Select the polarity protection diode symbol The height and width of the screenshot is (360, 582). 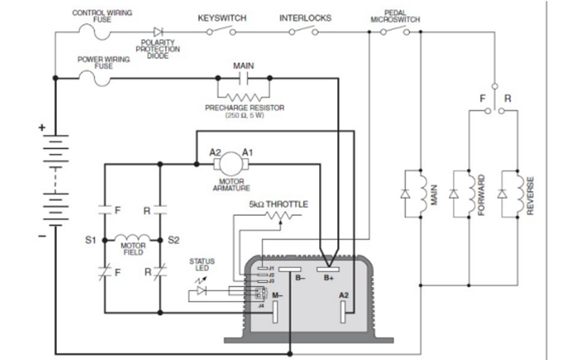click(x=158, y=32)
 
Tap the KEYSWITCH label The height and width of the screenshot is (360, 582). click(x=222, y=18)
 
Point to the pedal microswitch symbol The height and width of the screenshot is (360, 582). click(x=394, y=32)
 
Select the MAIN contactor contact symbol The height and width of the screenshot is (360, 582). click(x=244, y=77)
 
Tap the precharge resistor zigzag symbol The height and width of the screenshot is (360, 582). click(x=244, y=96)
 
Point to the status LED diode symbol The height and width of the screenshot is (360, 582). click(x=200, y=290)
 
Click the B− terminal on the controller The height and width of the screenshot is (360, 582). click(x=289, y=269)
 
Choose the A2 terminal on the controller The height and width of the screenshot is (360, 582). click(x=344, y=308)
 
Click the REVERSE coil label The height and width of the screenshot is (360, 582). click(x=530, y=195)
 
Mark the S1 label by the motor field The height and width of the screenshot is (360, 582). click(x=90, y=240)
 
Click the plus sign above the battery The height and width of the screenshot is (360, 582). click(x=41, y=127)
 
